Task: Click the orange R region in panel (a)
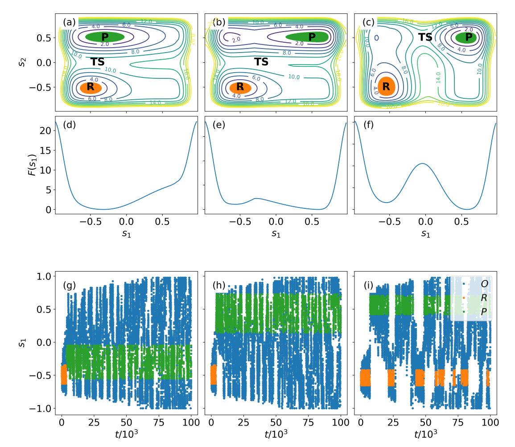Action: point(91,87)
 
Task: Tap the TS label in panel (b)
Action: point(261,62)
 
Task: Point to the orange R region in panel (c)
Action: point(386,86)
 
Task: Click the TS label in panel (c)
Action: point(425,37)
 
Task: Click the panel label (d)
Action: point(70,125)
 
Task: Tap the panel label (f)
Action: point(368,125)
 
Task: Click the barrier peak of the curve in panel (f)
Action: point(422,164)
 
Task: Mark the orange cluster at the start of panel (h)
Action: point(213,374)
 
